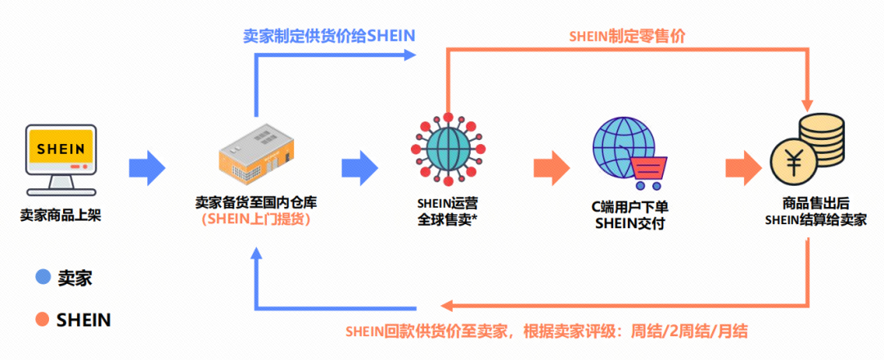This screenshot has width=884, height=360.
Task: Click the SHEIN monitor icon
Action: click(x=61, y=159)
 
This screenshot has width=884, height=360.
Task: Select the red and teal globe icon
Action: click(x=447, y=156)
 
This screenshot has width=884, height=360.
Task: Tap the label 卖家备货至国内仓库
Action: click(x=255, y=201)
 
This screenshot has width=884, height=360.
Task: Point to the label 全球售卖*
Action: click(x=447, y=219)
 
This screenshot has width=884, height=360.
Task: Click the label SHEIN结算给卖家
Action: click(x=815, y=220)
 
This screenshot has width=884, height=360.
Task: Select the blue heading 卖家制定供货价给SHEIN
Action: click(x=329, y=35)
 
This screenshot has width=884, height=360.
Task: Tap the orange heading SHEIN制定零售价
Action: click(x=628, y=36)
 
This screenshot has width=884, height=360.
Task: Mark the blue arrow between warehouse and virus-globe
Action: click(x=359, y=168)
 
